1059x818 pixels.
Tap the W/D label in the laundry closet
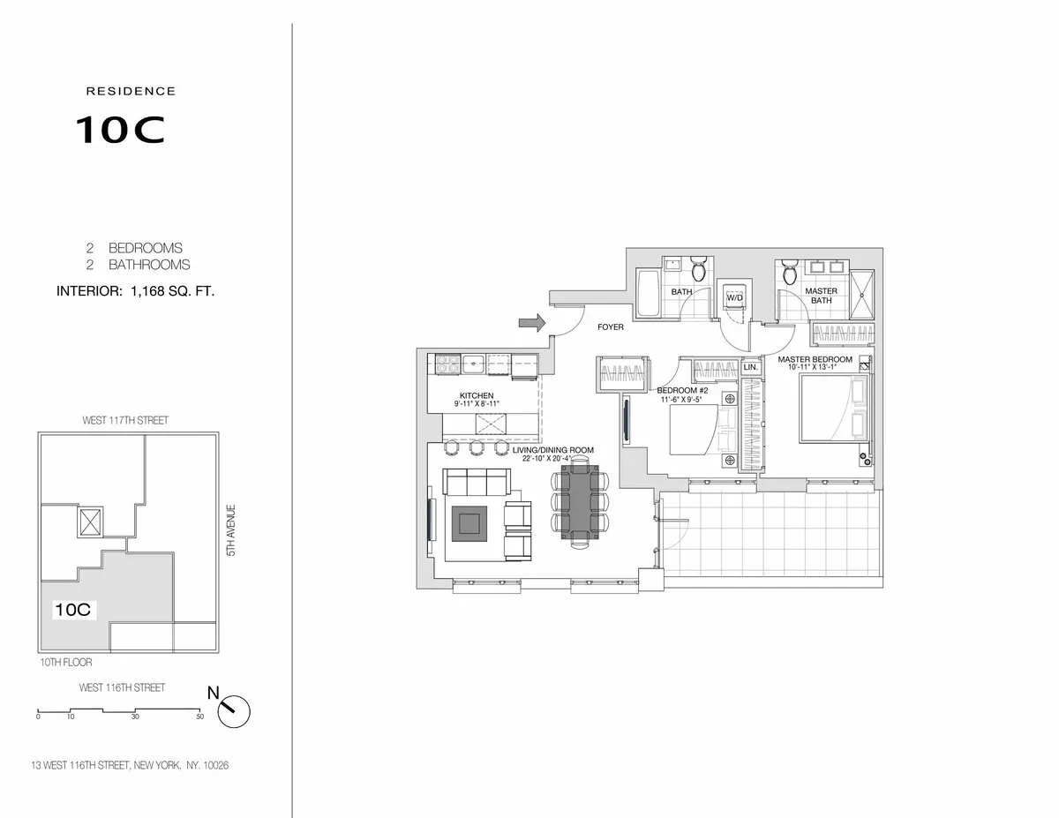pos(734,298)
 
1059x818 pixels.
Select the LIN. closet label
pos(751,365)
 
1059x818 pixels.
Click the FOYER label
pos(610,326)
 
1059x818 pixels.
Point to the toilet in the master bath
pos(788,272)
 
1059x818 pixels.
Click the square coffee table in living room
pos(468,522)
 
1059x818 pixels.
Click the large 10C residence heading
pos(119,130)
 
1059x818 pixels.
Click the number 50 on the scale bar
pos(200,717)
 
